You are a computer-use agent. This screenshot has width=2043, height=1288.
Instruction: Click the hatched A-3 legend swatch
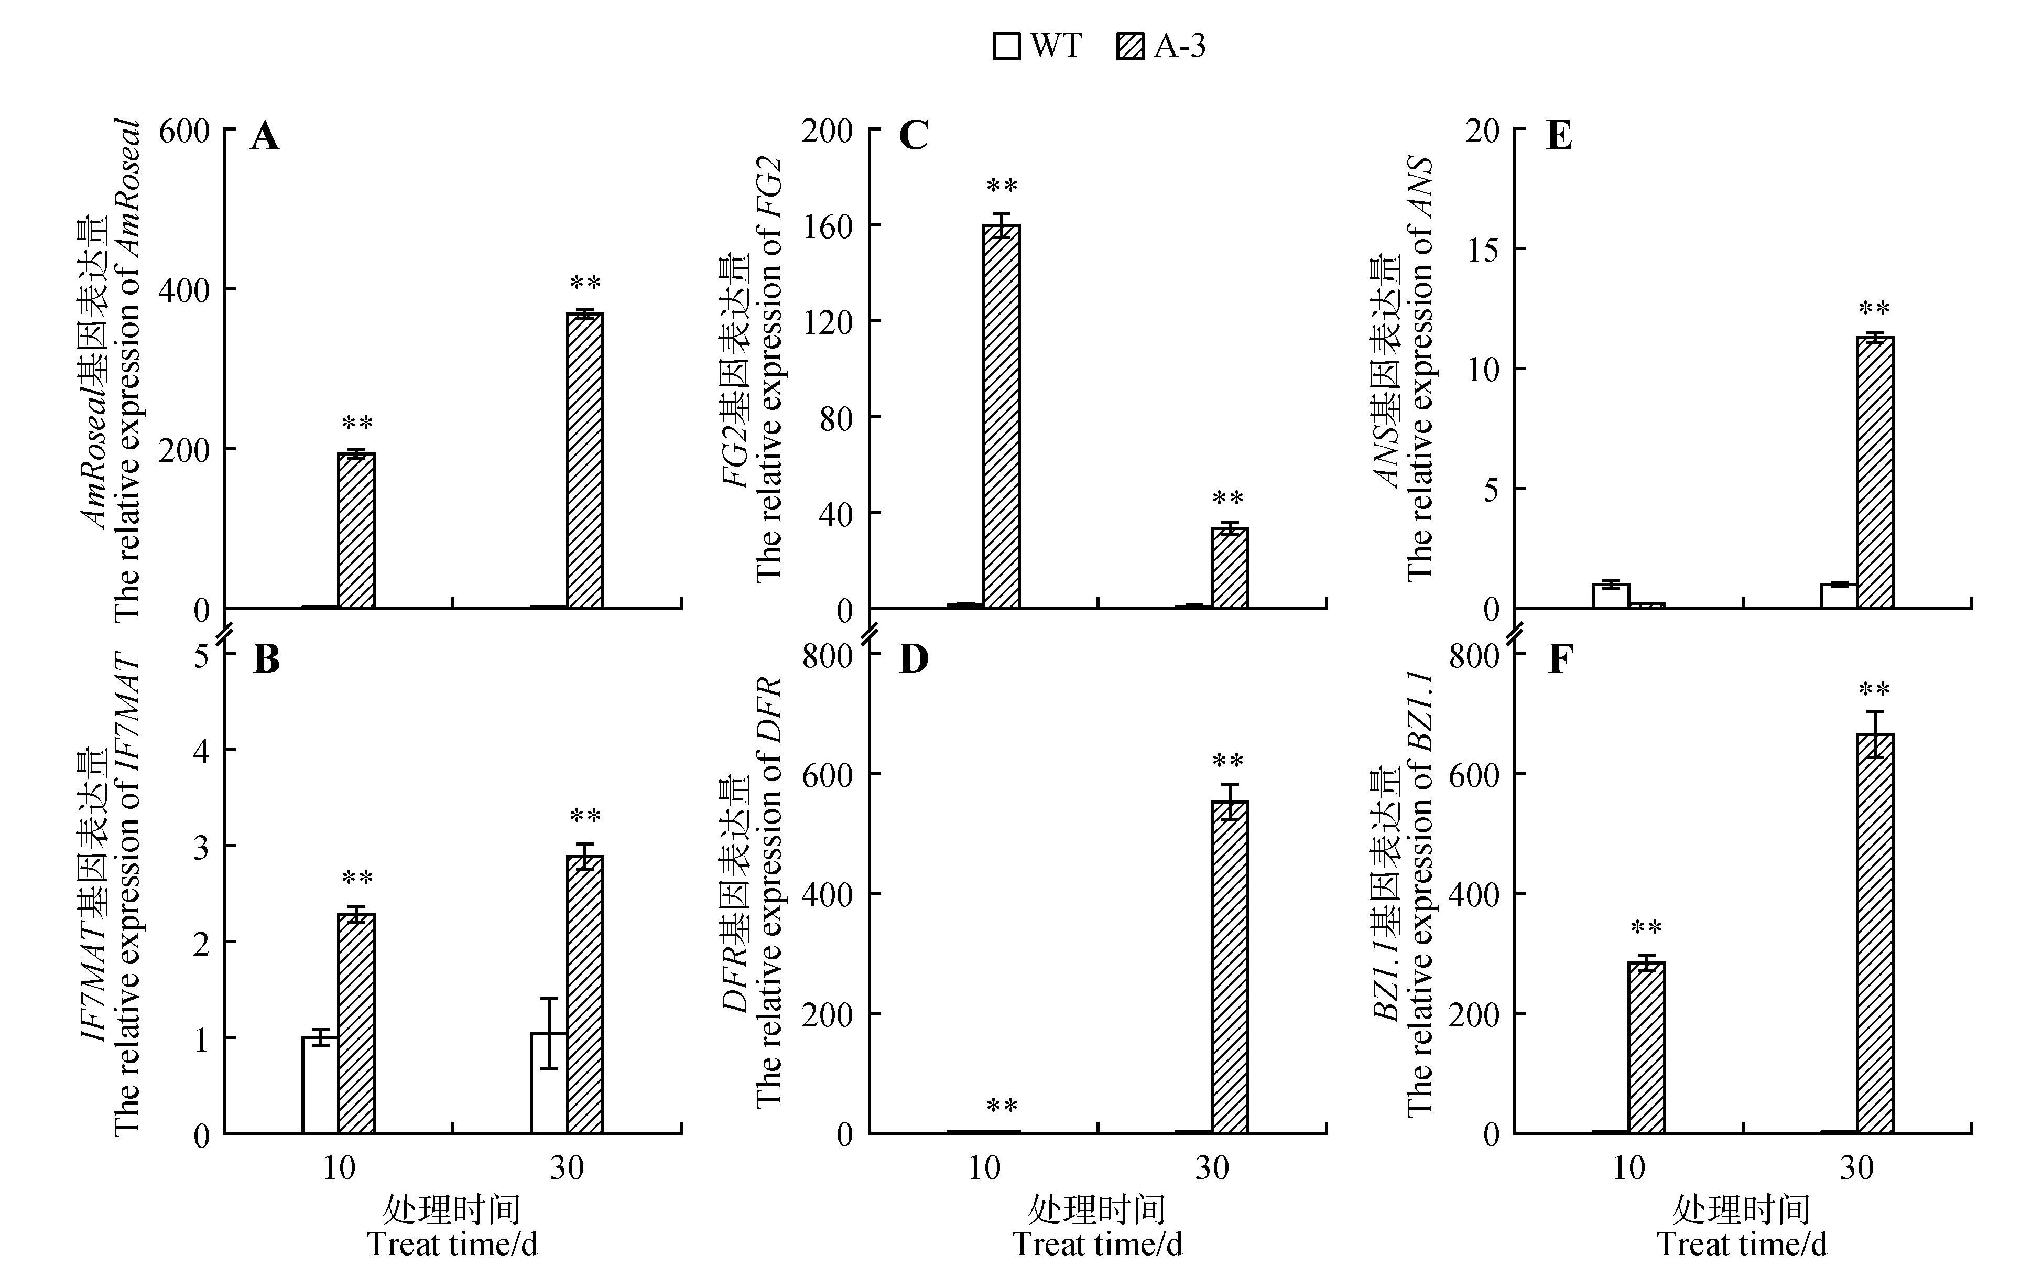1130,46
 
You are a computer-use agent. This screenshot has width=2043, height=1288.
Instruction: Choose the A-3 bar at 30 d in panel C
1230,568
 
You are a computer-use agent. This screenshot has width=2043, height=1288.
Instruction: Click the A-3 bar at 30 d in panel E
1875,473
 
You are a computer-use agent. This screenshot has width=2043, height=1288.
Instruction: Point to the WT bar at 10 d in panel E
1610,596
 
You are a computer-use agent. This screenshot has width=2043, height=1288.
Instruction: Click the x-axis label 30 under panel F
1856,1169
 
